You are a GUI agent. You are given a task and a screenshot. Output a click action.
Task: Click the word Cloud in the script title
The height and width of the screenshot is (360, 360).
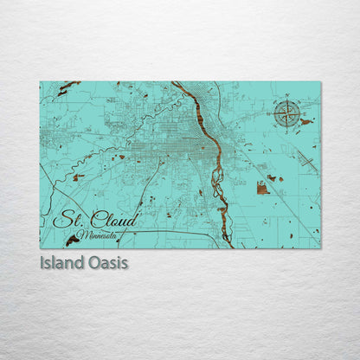[x=112, y=221]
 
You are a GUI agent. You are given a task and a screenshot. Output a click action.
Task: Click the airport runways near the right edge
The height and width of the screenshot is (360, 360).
[x=307, y=159]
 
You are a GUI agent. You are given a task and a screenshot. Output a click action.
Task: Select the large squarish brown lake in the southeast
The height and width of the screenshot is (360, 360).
[x=262, y=187]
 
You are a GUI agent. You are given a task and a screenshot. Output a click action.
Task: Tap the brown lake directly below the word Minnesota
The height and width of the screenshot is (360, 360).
[x=72, y=241]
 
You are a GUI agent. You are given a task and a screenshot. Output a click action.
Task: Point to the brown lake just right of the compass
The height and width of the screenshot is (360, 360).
[x=305, y=122]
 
